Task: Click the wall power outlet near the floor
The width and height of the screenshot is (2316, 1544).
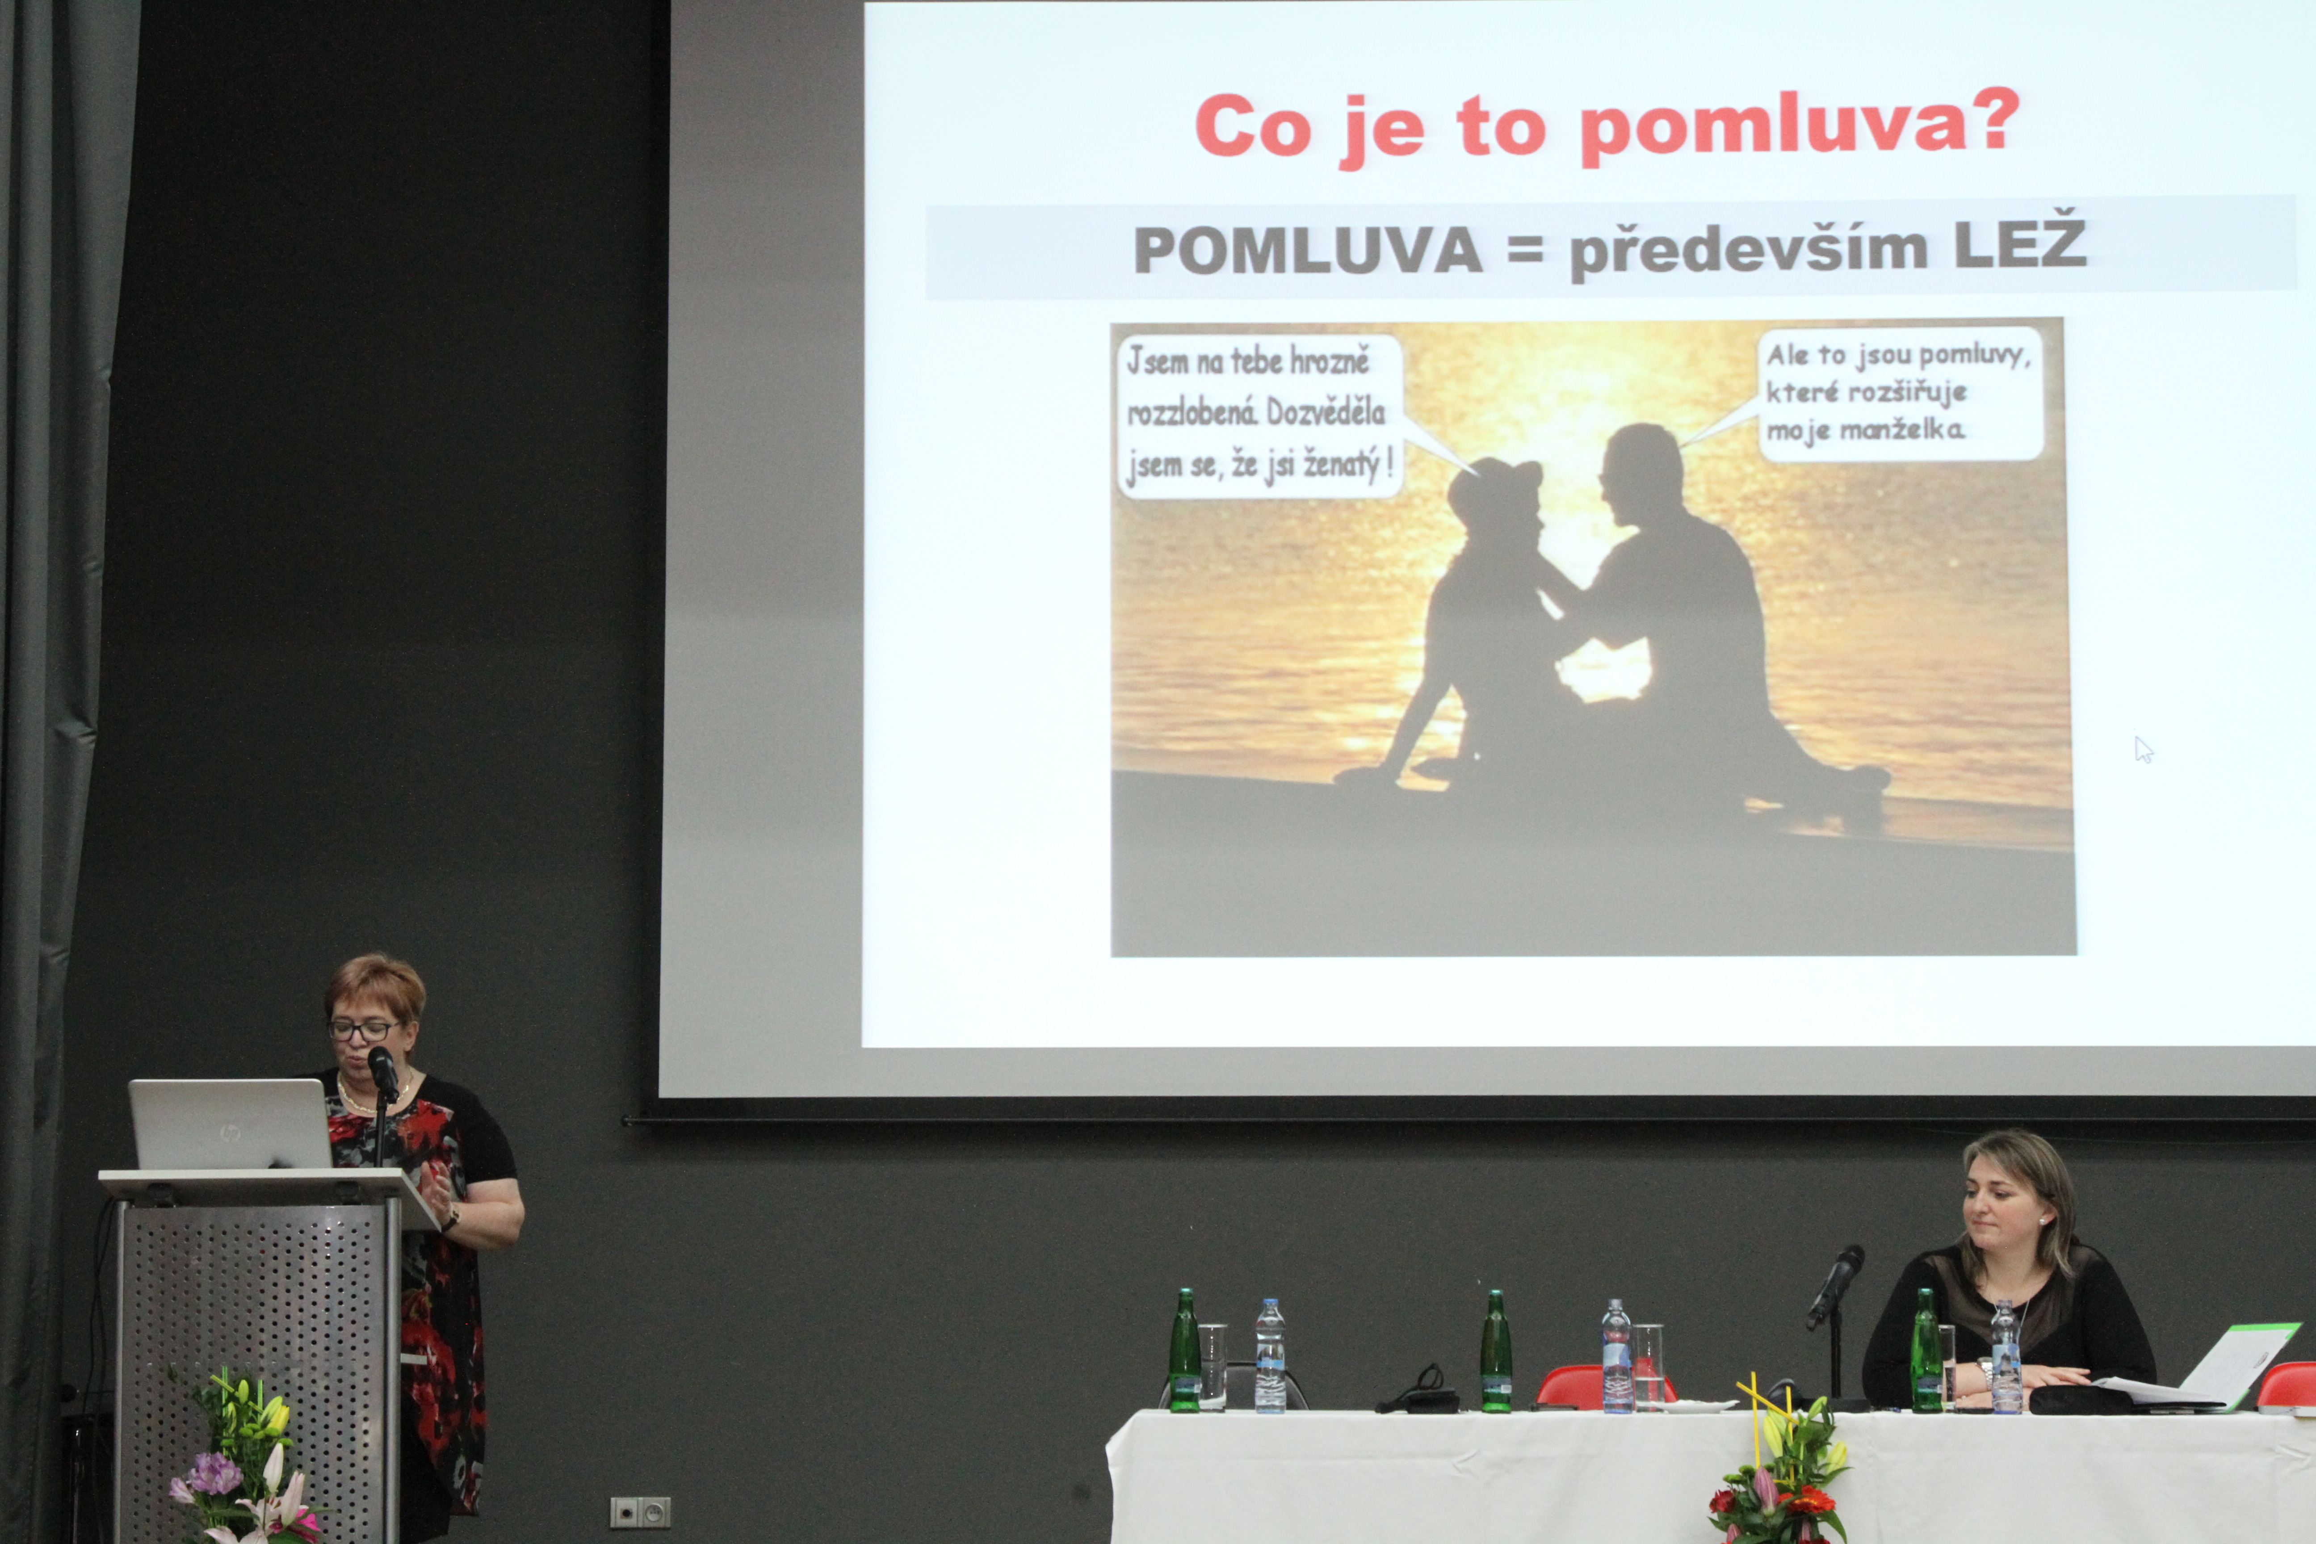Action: pos(640,1511)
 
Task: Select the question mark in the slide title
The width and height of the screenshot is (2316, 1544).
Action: pos(1999,120)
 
